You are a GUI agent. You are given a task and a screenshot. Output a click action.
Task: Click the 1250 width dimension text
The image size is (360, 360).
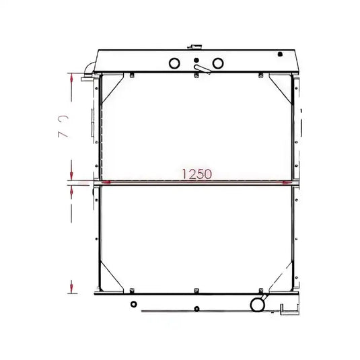tap(196, 174)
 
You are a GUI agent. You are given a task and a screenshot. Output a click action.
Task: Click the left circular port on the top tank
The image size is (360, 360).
tap(174, 63)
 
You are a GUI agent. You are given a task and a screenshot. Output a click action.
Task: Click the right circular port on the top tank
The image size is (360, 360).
tap(217, 63)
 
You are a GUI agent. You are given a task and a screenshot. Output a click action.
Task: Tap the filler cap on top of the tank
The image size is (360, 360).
tap(196, 47)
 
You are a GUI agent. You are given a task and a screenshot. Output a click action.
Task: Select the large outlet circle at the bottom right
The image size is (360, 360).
tap(257, 304)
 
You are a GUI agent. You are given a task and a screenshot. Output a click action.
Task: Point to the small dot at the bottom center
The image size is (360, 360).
tap(196, 309)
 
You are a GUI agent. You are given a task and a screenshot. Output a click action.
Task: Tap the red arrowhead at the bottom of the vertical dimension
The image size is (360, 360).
tap(71, 288)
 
